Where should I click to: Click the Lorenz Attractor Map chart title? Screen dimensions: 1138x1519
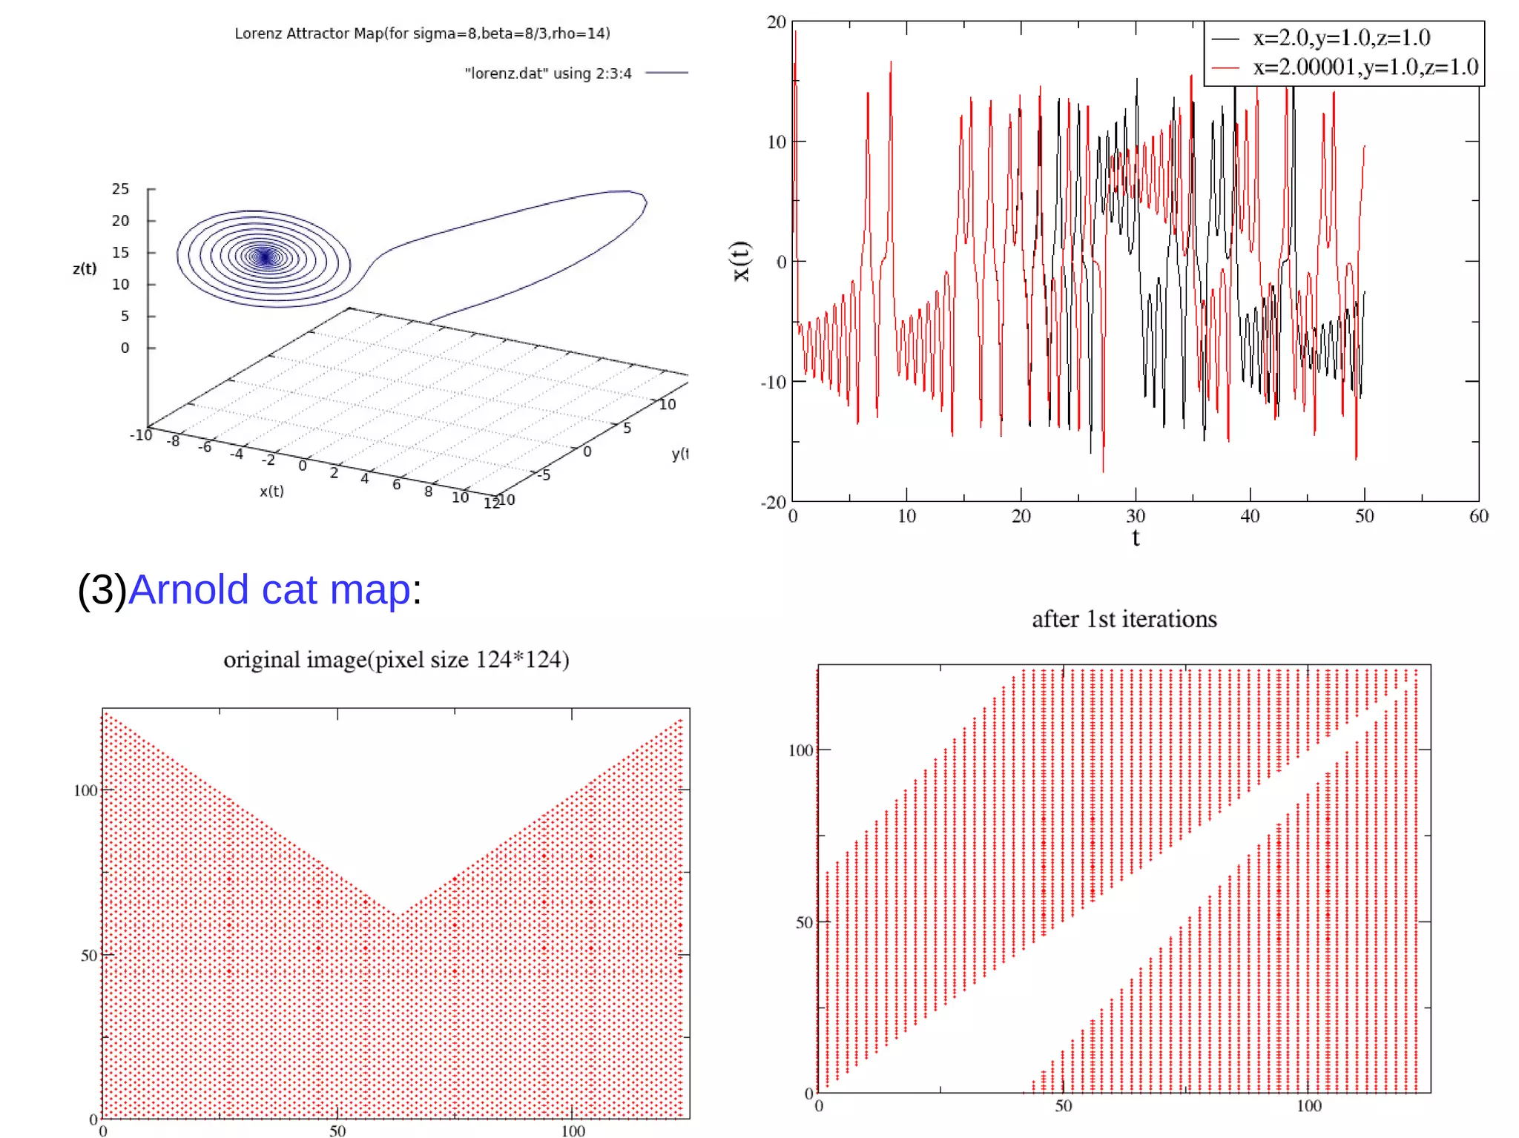[x=422, y=33]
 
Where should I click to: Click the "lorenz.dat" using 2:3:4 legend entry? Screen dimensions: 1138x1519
[x=547, y=73]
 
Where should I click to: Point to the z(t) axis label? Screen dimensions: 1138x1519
[x=85, y=268]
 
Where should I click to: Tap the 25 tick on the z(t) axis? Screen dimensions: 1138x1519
[x=120, y=189]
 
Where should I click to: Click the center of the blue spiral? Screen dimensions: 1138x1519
[x=266, y=257]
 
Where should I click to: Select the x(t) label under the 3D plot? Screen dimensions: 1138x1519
[x=271, y=491]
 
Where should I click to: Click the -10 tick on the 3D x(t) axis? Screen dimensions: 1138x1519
[x=141, y=434]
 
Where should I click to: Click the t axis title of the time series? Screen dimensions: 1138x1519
[x=1136, y=537]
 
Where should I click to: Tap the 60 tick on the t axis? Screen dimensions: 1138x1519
[x=1478, y=516]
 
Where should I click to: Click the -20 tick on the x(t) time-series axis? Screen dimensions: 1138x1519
[x=773, y=503]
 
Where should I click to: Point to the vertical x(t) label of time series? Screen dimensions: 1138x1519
[x=741, y=261]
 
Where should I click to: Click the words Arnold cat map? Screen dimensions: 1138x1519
[x=269, y=590]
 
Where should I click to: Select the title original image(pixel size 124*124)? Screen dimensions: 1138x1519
[x=396, y=659]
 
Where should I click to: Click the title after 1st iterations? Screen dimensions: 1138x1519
[x=1124, y=619]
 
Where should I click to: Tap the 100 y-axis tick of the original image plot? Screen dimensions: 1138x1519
[x=85, y=790]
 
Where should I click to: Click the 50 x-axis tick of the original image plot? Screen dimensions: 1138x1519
[x=337, y=1131]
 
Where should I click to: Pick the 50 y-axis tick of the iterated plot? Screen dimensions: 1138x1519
[x=805, y=922]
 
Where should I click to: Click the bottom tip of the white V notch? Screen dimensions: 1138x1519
[x=398, y=914]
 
